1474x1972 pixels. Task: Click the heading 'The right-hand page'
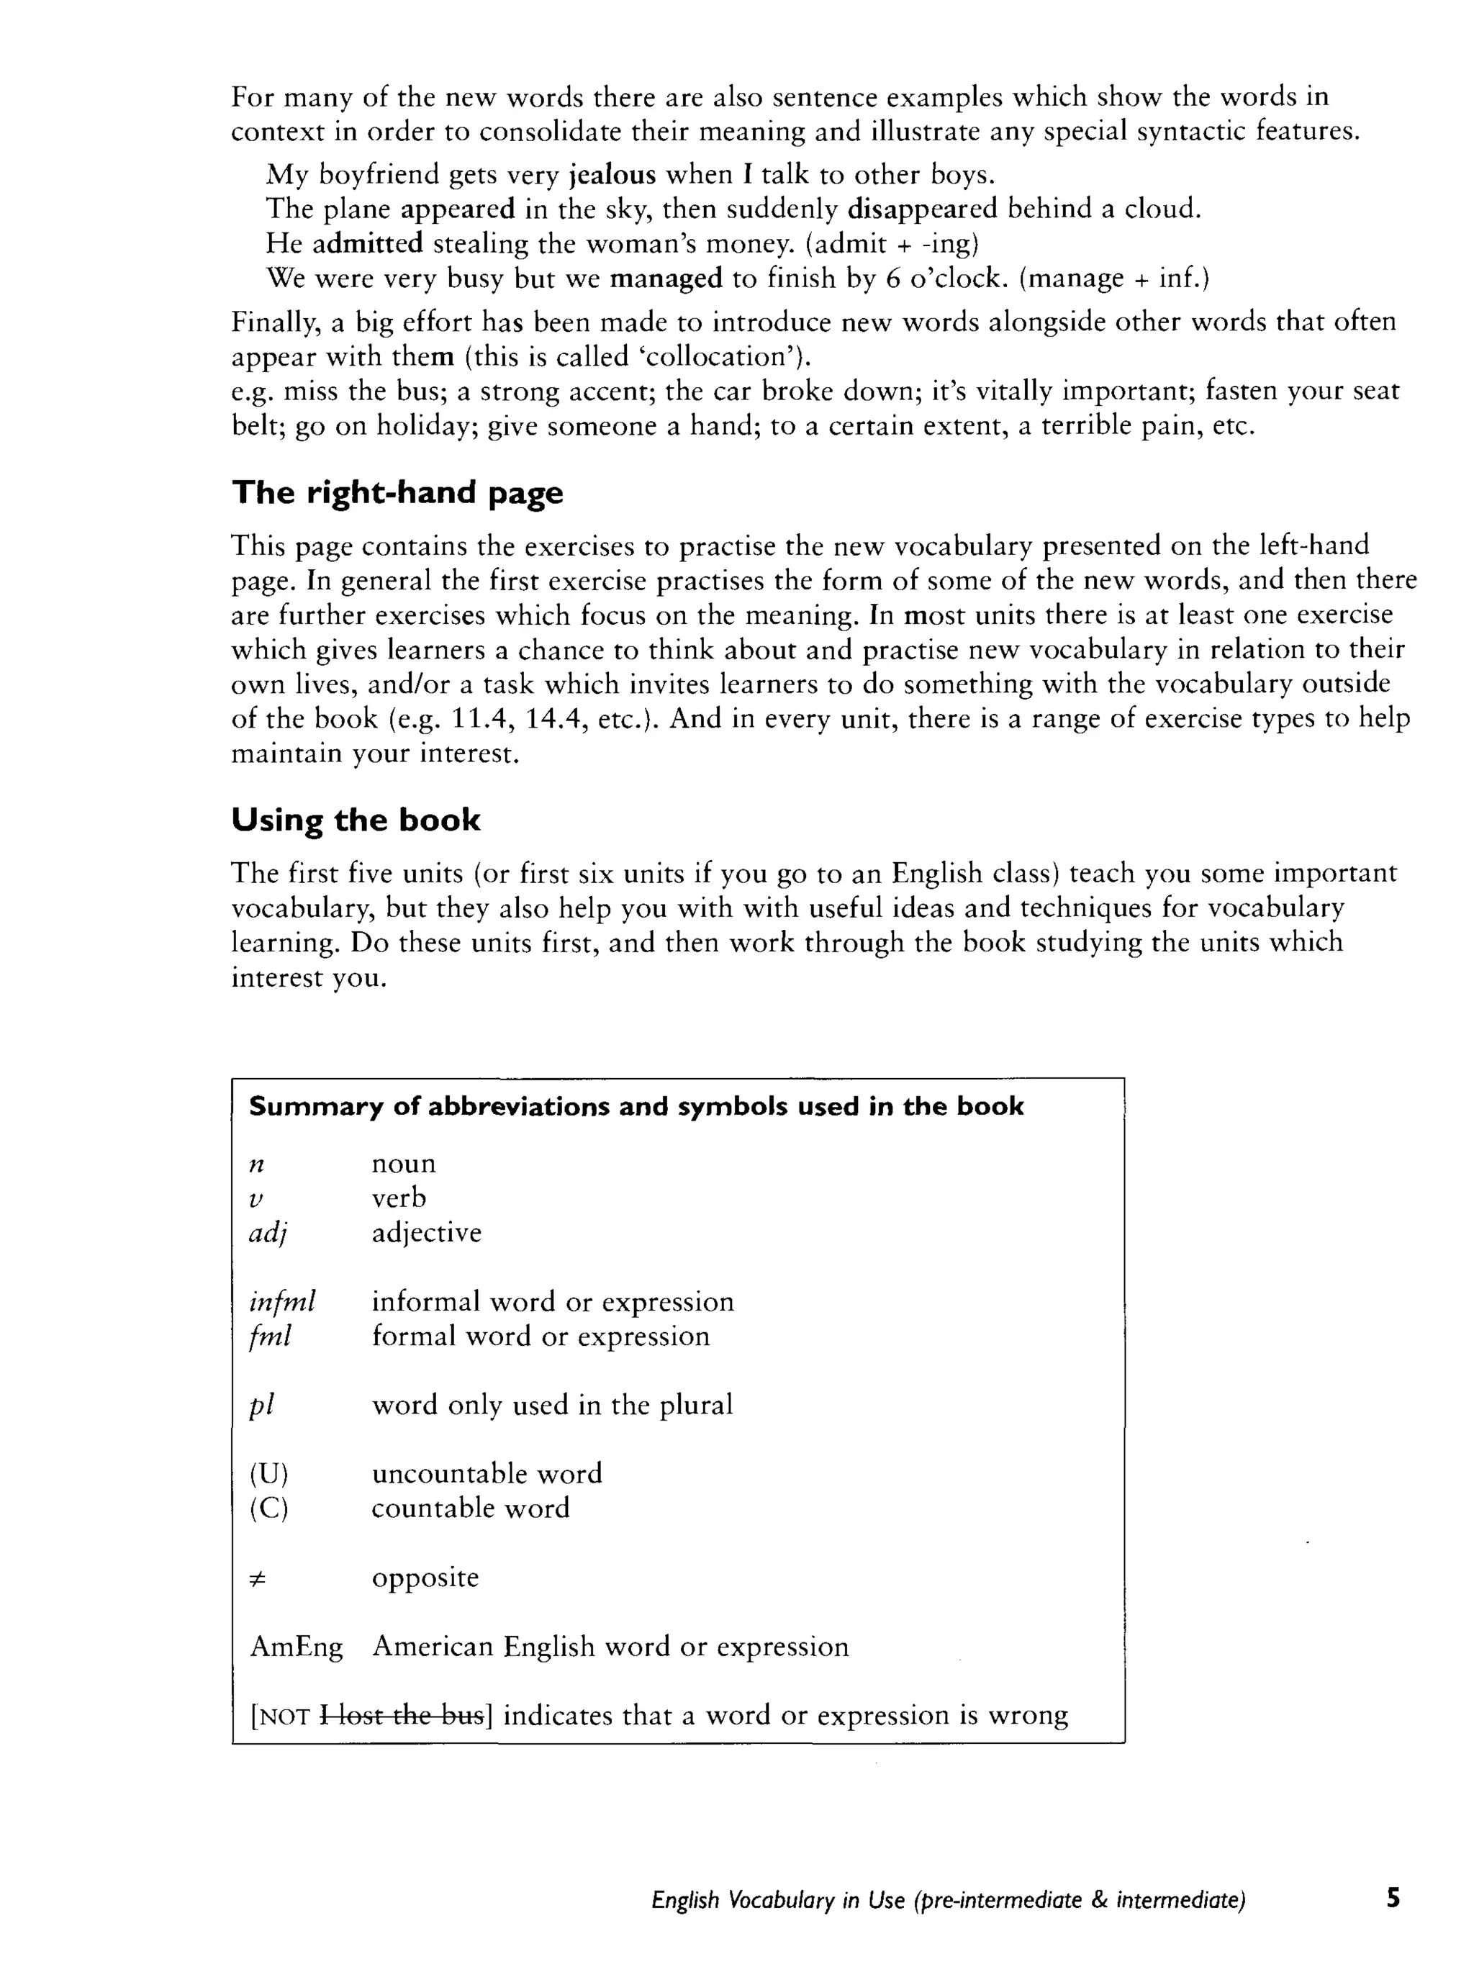coord(397,492)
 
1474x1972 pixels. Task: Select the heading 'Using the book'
coord(355,819)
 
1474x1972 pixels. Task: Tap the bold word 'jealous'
coord(612,174)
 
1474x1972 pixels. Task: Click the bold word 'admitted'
coord(367,243)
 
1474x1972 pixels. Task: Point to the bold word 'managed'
coord(665,279)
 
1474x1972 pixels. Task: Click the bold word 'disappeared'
coord(921,209)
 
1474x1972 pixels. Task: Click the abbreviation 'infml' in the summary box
coord(282,1303)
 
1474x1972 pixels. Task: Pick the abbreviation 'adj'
coord(268,1234)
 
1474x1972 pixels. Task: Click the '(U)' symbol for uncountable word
coord(269,1474)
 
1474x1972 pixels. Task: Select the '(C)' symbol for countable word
coord(269,1509)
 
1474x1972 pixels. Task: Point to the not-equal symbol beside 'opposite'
coord(258,1578)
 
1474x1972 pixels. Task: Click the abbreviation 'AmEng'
coord(296,1647)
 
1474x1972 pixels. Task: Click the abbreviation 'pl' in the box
coord(261,1406)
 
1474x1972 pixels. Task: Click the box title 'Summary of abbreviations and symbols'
coord(636,1106)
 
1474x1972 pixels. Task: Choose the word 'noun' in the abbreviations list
coord(403,1164)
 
